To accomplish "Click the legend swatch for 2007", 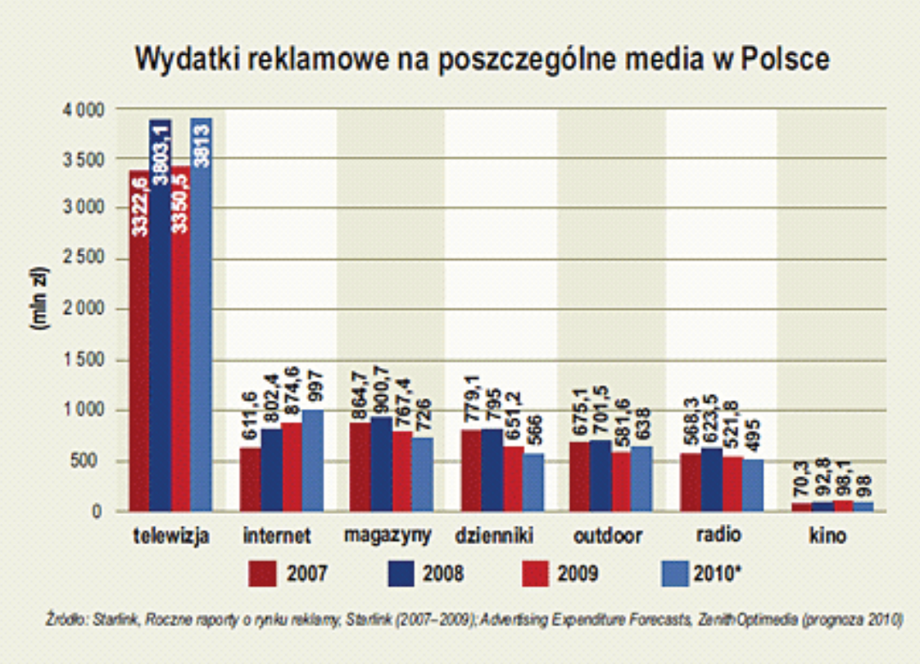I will [263, 573].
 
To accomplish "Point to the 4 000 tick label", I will [84, 109].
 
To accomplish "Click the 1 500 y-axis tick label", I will [84, 360].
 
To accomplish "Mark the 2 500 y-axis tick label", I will [84, 259].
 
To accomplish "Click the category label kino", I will [825, 537].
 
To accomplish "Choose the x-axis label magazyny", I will [387, 537].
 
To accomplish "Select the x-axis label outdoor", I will [608, 537].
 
